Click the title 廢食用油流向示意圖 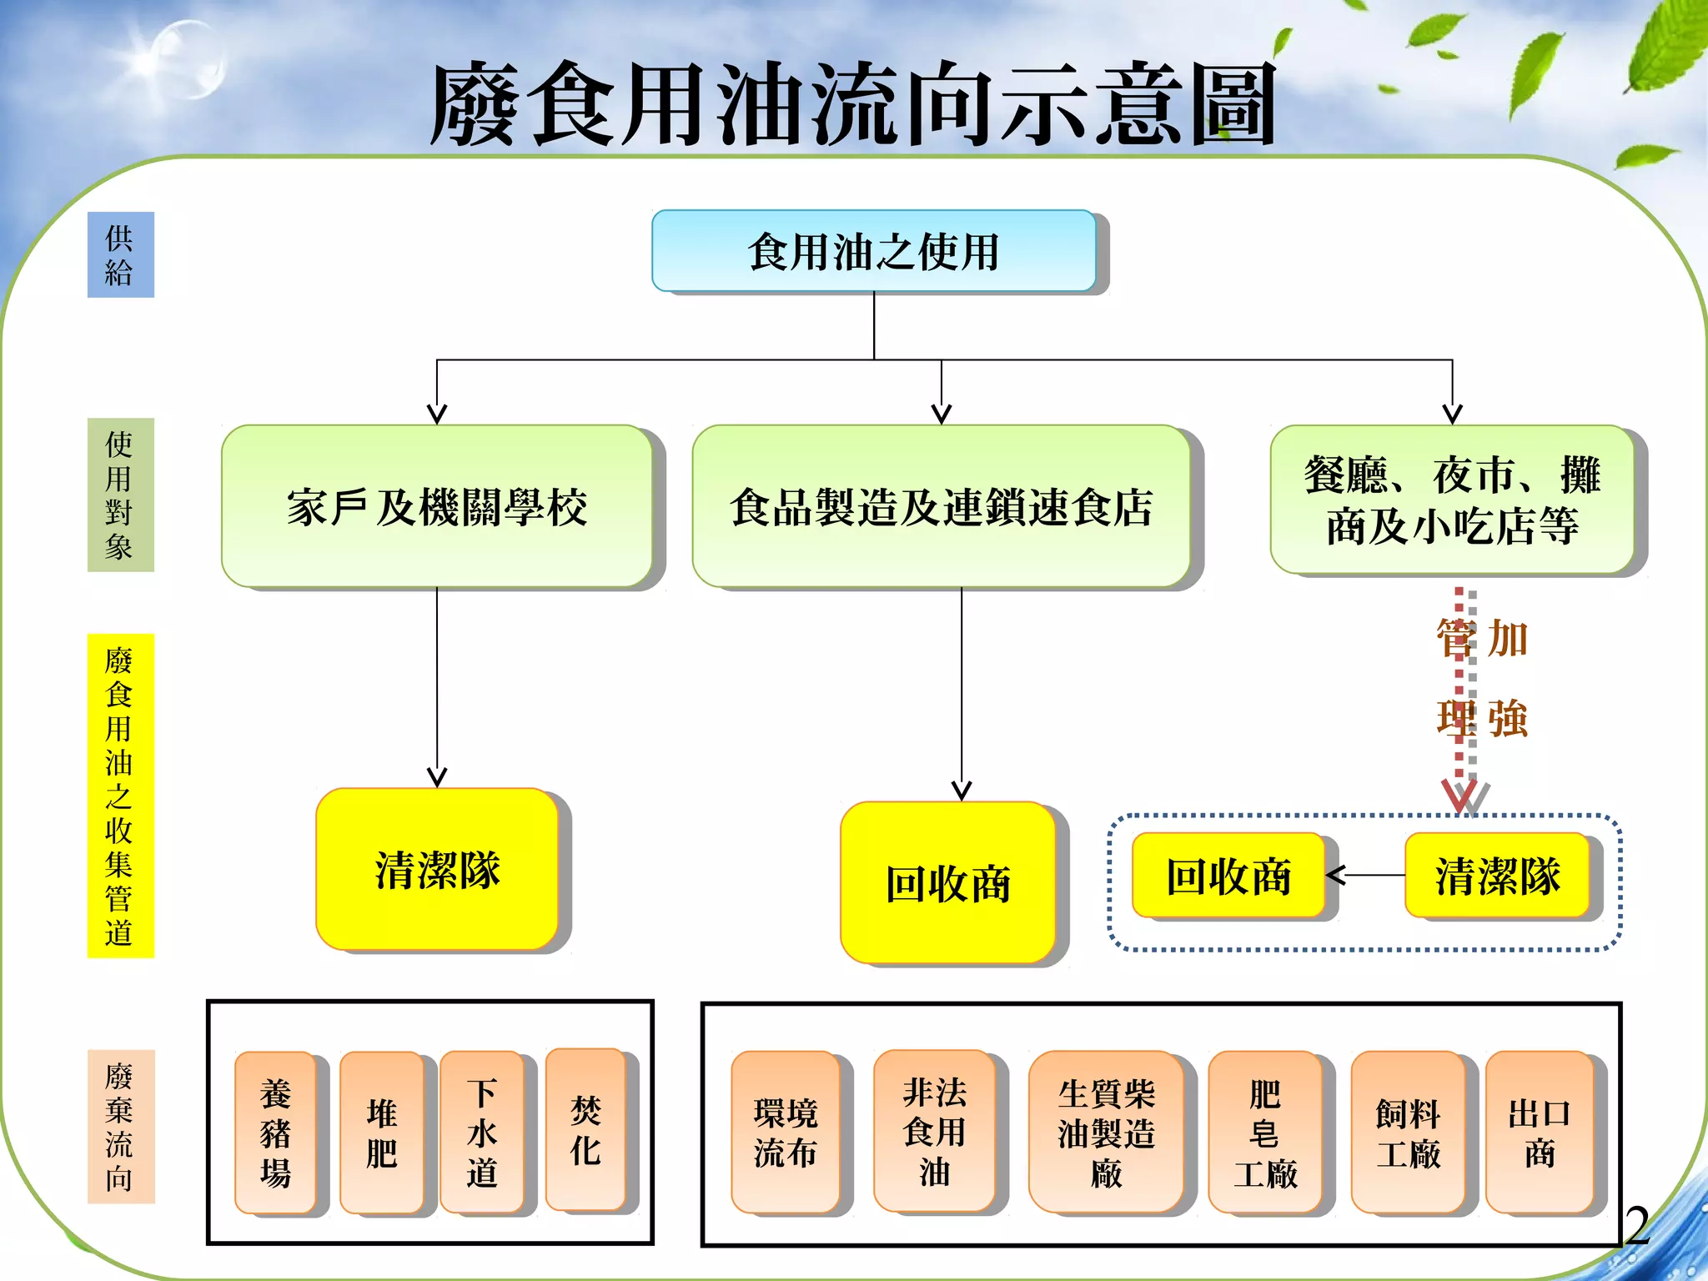[852, 104]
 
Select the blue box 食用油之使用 [873, 251]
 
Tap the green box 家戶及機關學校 [436, 506]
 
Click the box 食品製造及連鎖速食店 [941, 506]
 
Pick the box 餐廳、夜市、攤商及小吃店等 [1451, 500]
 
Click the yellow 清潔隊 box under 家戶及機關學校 [437, 869]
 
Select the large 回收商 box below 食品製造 [947, 882]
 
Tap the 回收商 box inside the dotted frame [1228, 875]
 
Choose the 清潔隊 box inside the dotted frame [1497, 875]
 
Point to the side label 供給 [120, 254]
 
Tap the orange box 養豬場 [275, 1132]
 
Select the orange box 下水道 [481, 1132]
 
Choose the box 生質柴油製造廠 [1106, 1132]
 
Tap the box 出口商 [1540, 1132]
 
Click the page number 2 [1637, 1225]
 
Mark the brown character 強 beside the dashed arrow [1508, 718]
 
